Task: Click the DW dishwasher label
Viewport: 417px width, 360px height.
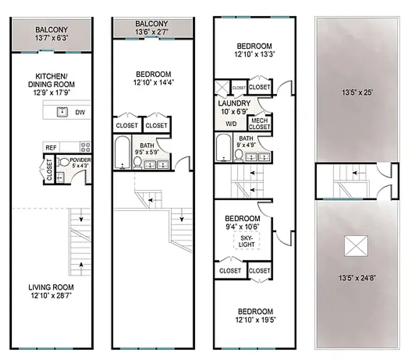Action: pos(80,112)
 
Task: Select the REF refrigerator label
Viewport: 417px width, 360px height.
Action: pos(51,147)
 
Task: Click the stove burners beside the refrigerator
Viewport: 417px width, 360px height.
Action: pos(85,147)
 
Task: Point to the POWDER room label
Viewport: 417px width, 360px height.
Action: pos(81,161)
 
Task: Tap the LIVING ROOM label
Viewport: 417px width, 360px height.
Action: pos(51,287)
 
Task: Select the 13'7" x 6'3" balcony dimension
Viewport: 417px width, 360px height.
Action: pos(52,39)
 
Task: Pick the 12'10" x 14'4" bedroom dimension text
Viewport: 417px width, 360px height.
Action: pos(153,82)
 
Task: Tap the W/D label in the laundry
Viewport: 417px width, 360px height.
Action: pos(231,123)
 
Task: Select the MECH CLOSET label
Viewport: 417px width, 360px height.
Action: pos(260,124)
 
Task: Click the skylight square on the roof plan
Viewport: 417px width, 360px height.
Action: pos(356,246)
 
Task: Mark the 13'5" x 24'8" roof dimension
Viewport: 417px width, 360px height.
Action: pos(358,278)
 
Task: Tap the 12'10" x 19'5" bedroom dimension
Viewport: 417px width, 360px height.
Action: pos(255,320)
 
